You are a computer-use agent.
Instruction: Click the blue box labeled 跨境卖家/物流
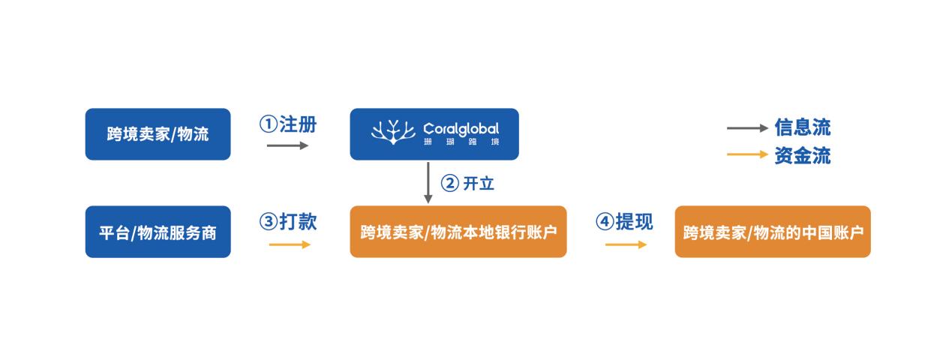[158, 134]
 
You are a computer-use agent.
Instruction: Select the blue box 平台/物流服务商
[158, 232]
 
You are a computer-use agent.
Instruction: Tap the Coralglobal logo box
[434, 134]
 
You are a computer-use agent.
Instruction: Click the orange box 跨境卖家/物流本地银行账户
[458, 232]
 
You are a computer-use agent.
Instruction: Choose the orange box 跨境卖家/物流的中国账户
[773, 232]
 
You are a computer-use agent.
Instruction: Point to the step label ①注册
[288, 124]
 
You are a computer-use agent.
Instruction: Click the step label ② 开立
[467, 184]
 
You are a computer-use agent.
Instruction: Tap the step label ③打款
[288, 221]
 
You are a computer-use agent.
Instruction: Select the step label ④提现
[624, 221]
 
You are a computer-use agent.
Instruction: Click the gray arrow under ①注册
[287, 145]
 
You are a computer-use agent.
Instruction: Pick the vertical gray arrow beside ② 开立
[428, 182]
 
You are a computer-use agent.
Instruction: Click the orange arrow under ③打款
[290, 244]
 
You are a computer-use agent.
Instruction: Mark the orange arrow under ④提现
[626, 244]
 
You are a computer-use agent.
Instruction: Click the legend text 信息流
[803, 127]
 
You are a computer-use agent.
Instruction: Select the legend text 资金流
[803, 155]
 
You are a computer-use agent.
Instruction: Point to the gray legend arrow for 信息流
[747, 128]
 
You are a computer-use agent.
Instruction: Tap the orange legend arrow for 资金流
[747, 154]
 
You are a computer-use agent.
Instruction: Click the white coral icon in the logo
[393, 132]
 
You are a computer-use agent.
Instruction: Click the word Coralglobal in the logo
[461, 129]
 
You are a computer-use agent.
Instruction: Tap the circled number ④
[605, 221]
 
